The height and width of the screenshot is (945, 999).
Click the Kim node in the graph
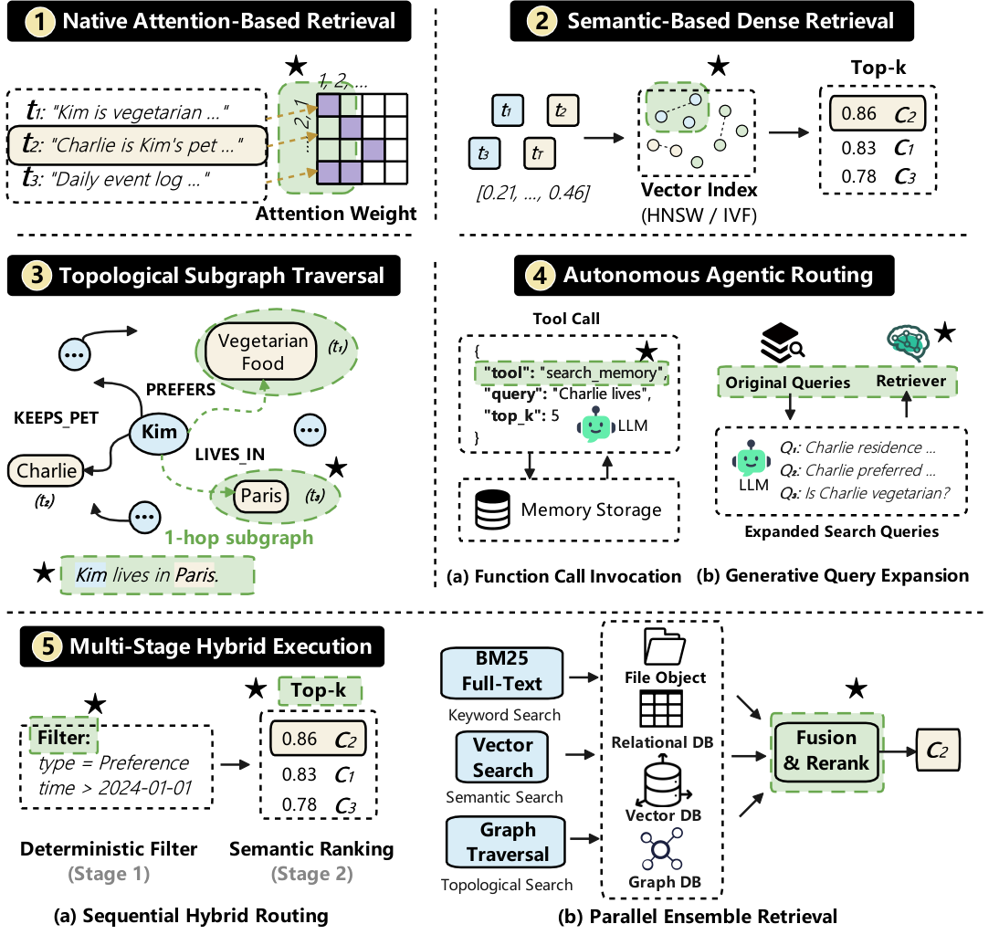pos(159,432)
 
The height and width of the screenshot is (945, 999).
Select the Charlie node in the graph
pos(46,471)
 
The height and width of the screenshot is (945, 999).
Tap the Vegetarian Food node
pos(261,352)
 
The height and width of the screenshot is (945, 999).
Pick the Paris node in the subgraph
pos(260,496)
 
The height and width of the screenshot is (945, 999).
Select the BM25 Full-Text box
pos(502,672)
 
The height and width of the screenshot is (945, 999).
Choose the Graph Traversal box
pos(507,843)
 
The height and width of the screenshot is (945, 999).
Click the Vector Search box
pos(502,757)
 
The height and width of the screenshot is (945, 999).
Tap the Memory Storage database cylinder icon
pos(492,509)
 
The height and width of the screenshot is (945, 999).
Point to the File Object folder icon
pos(665,646)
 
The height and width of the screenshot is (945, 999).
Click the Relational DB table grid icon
pos(661,709)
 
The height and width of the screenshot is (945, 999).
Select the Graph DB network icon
pos(662,849)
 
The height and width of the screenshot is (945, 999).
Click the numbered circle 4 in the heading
pos(540,276)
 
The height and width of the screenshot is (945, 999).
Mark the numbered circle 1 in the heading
pos(39,22)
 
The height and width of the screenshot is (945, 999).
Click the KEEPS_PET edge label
pos(56,418)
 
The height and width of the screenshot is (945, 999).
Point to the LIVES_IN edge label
pos(229,455)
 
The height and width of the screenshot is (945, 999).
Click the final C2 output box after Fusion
pos(937,751)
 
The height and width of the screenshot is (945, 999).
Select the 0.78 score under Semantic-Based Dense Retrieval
pos(858,176)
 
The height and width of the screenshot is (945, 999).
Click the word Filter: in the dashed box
pos(64,737)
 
